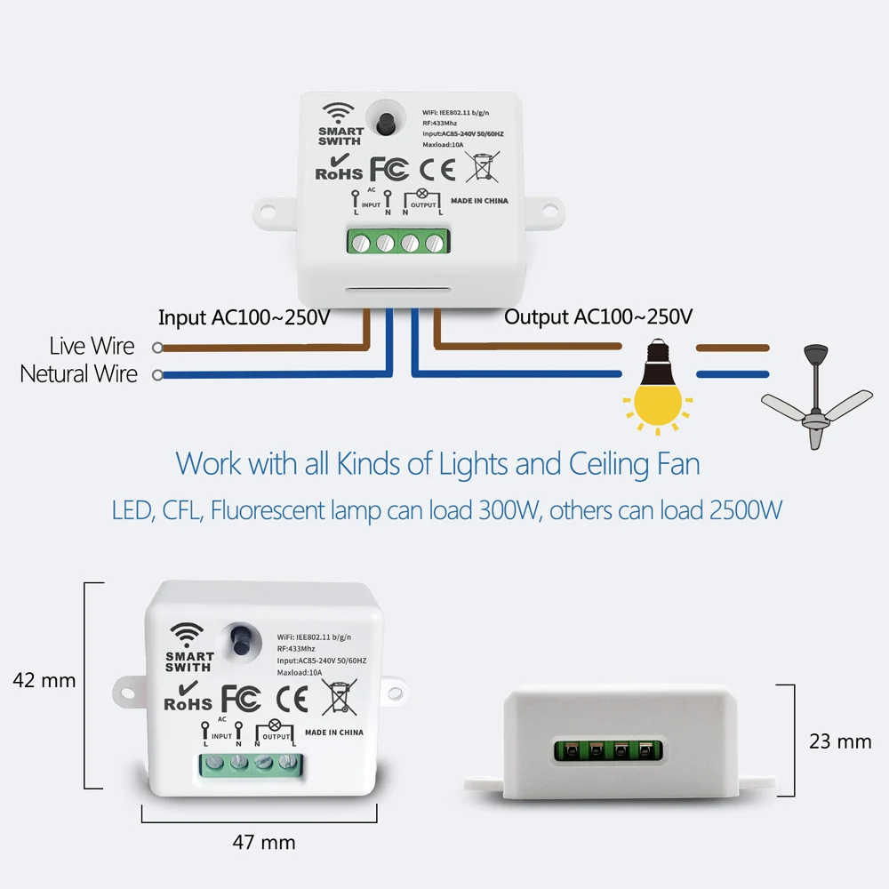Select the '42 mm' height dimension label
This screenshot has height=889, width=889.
click(x=44, y=681)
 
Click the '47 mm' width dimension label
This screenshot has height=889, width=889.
click(x=263, y=841)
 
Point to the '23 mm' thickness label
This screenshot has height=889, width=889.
click(x=840, y=741)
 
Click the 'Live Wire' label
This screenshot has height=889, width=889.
click(x=92, y=346)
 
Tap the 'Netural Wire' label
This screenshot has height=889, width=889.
click(x=78, y=374)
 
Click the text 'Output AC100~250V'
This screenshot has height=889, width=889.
click(x=598, y=316)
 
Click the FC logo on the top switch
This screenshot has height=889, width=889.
click(x=388, y=168)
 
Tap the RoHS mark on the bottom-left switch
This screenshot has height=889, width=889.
click(x=188, y=697)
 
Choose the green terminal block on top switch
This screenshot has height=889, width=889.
click(x=397, y=242)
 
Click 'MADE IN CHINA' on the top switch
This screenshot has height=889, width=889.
click(x=479, y=201)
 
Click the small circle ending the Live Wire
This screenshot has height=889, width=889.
click(x=157, y=348)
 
